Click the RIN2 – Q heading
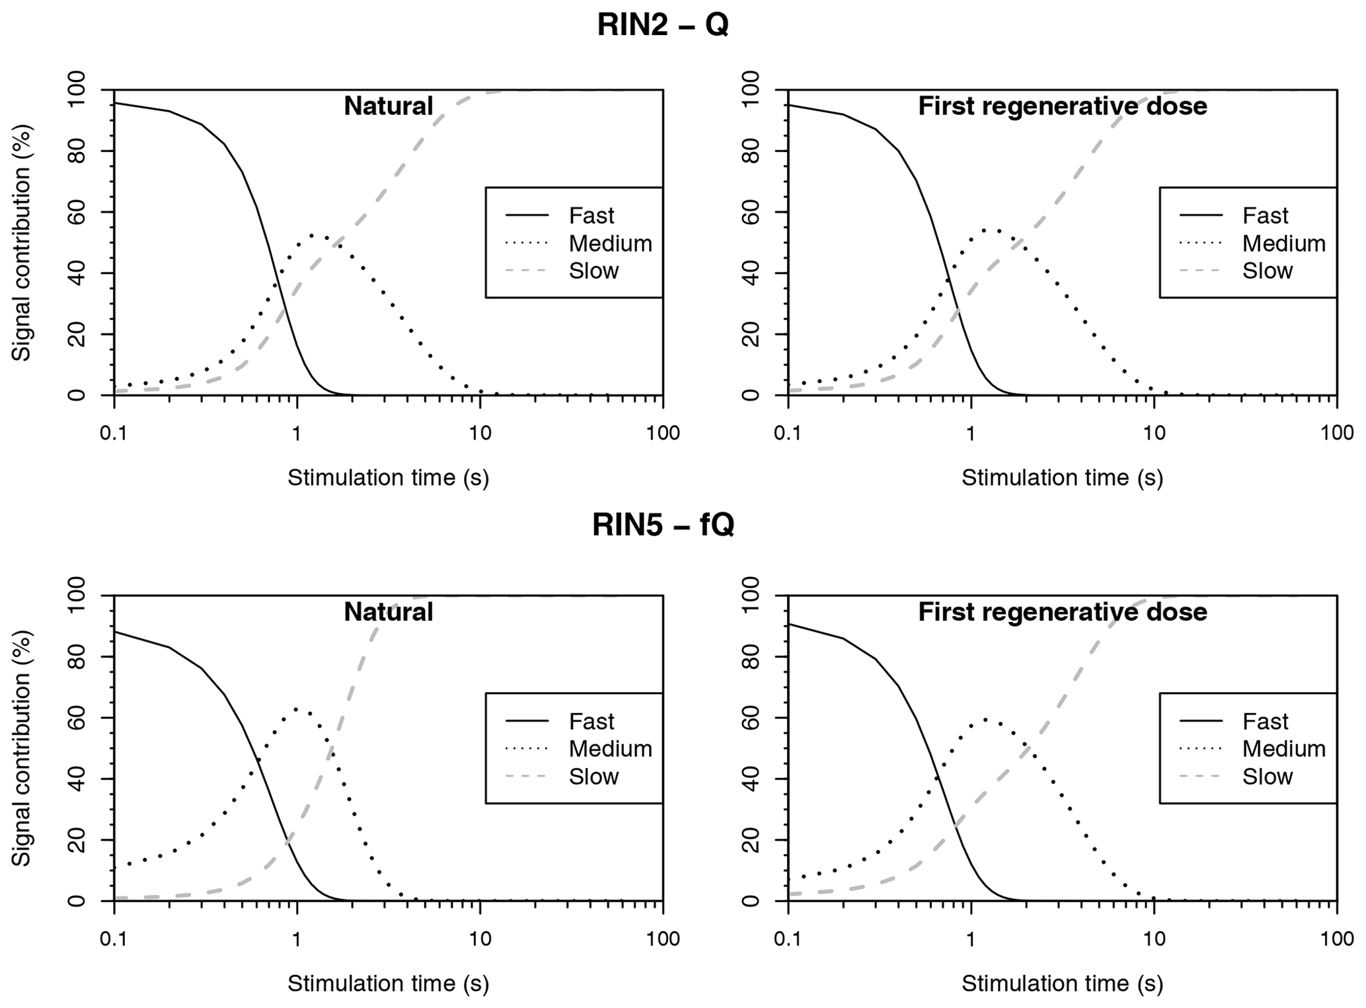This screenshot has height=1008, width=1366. pyautogui.click(x=662, y=25)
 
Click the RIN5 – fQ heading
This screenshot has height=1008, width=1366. pyautogui.click(x=662, y=525)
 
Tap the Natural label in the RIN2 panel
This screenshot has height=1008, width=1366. pyautogui.click(x=388, y=106)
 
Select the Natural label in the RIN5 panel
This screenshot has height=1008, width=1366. pyautogui.click(x=388, y=612)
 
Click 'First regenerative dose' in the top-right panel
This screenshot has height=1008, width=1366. pyautogui.click(x=1062, y=106)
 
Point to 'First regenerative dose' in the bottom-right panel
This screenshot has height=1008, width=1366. pyautogui.click(x=1062, y=612)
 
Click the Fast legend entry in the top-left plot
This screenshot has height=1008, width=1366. pyautogui.click(x=591, y=215)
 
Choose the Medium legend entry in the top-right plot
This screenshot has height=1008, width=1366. pyautogui.click(x=1283, y=243)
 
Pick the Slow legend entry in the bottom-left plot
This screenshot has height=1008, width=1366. pyautogui.click(x=593, y=776)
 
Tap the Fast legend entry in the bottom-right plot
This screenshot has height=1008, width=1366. pyautogui.click(x=1265, y=721)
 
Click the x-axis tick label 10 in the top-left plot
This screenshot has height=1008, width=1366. pyautogui.click(x=480, y=434)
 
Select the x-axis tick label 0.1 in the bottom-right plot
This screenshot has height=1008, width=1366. pyautogui.click(x=787, y=939)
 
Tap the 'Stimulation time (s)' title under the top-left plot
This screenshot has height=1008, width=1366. pyautogui.click(x=388, y=477)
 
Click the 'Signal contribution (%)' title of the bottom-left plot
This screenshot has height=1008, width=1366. pyautogui.click(x=22, y=748)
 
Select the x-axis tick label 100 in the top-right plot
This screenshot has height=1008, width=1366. pyautogui.click(x=1336, y=434)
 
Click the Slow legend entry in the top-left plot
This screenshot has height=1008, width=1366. pyautogui.click(x=593, y=270)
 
